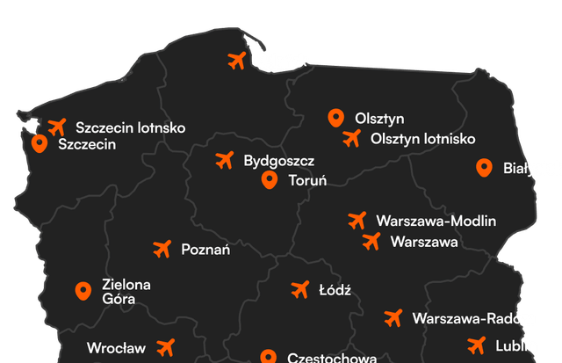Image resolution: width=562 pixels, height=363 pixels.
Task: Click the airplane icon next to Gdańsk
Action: [236, 61]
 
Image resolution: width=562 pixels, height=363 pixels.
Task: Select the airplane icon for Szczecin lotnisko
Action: [58, 127]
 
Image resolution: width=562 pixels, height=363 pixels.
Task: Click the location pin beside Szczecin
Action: [39, 143]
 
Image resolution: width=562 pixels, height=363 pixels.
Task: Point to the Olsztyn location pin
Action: [335, 117]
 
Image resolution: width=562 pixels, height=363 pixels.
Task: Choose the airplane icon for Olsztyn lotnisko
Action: [352, 138]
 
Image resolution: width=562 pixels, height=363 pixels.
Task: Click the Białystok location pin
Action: [483, 167]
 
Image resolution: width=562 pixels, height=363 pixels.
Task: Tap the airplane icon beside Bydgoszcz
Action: [225, 160]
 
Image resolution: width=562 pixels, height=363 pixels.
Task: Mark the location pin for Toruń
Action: [270, 180]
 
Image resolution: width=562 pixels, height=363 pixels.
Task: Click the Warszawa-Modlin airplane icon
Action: [357, 220]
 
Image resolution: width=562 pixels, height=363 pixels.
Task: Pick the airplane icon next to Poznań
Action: [162, 250]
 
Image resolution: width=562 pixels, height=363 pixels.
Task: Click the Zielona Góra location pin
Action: [83, 291]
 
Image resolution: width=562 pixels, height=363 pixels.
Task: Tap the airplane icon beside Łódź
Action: [299, 289]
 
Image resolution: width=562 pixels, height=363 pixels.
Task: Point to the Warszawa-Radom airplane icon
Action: [393, 316]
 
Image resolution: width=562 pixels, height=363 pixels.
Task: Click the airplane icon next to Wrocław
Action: [166, 347]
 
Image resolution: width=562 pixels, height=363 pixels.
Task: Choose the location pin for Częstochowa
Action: [268, 357]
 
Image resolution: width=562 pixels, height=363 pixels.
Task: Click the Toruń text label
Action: [307, 181]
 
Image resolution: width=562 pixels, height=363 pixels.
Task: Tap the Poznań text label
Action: [205, 250]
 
